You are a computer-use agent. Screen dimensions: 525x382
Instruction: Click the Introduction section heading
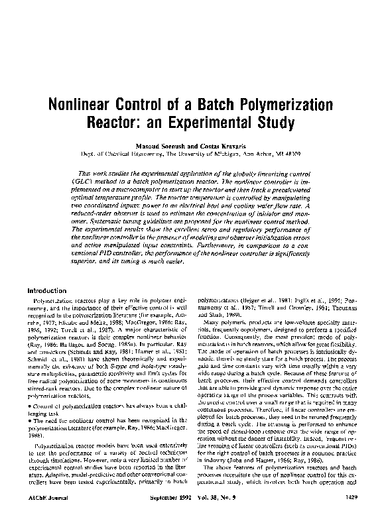[x=48, y=290]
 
